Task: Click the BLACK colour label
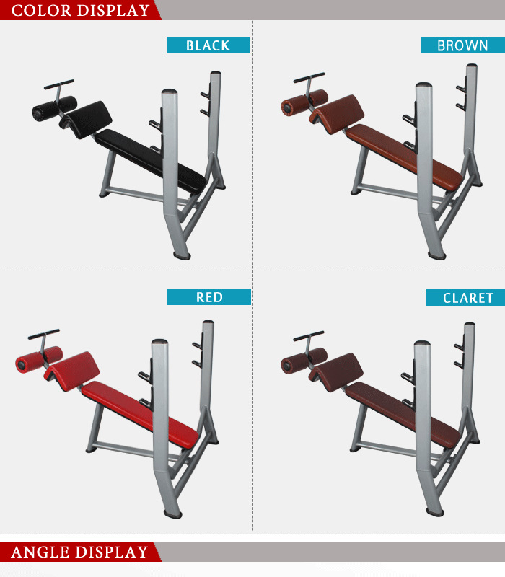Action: pos(208,45)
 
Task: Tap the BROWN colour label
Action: pos(462,45)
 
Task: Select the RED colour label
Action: pos(209,297)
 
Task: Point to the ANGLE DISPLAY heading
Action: pos(79,552)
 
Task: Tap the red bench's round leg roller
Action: pos(38,359)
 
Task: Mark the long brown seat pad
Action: pos(404,153)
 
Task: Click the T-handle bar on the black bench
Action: pos(58,84)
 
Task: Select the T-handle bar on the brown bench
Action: pos(308,76)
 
